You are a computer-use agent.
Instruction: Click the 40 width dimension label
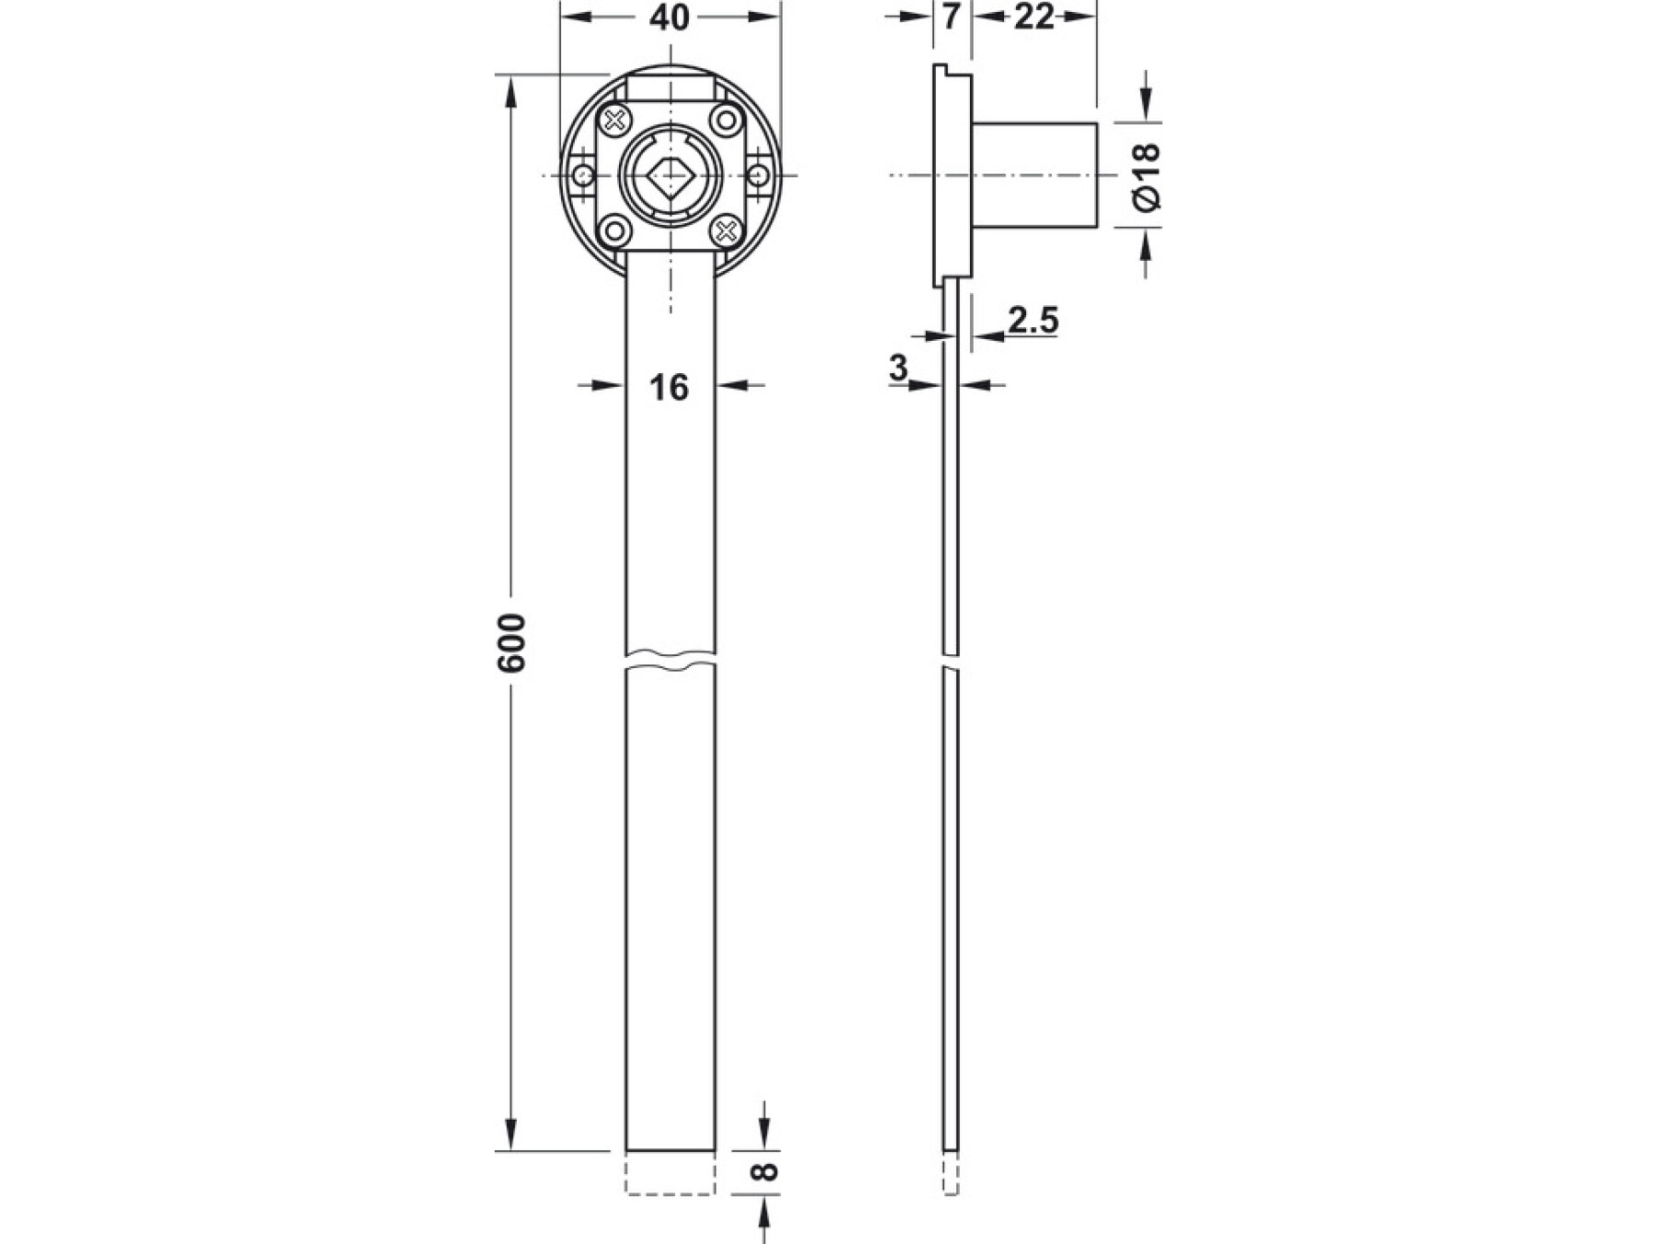coord(669,18)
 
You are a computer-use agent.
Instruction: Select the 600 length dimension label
coord(511,642)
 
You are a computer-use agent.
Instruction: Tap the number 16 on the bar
coord(669,388)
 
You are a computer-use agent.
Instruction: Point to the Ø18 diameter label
coord(1147,177)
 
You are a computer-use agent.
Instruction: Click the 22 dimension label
coord(1033,17)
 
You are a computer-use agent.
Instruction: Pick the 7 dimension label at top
coord(952,17)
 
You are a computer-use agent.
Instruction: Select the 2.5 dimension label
coord(1033,321)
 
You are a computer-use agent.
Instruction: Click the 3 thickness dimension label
coord(899,368)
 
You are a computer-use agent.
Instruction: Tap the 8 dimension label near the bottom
coord(765,1172)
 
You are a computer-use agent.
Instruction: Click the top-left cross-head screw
coord(615,120)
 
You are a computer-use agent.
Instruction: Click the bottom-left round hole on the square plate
coord(615,229)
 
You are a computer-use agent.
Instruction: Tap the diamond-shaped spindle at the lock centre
coord(671,174)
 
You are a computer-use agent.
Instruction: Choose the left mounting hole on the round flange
coord(582,175)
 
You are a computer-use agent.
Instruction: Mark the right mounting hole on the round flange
coord(759,175)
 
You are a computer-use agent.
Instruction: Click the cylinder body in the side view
coord(1034,175)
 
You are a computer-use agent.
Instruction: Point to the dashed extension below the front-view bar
coord(671,1172)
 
